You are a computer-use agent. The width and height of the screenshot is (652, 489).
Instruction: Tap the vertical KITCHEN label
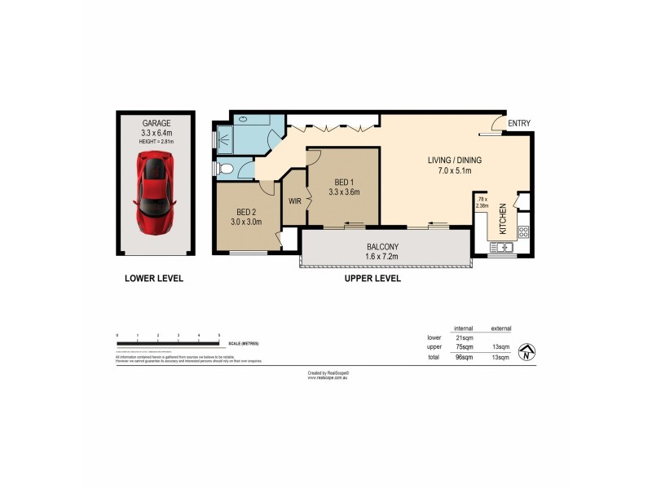(503, 218)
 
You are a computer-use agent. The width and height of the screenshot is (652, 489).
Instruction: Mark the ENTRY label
(518, 124)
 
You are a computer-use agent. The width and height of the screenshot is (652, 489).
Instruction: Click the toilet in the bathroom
(227, 170)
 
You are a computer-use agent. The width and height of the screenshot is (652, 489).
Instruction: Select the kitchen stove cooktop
(522, 231)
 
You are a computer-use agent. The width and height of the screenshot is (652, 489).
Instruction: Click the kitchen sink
(500, 247)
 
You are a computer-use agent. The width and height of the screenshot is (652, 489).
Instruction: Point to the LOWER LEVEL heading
(154, 278)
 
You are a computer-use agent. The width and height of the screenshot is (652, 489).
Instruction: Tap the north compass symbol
(529, 351)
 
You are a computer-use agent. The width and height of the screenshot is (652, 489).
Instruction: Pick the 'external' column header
(500, 328)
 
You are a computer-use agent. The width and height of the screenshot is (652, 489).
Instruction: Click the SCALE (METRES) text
(244, 343)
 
